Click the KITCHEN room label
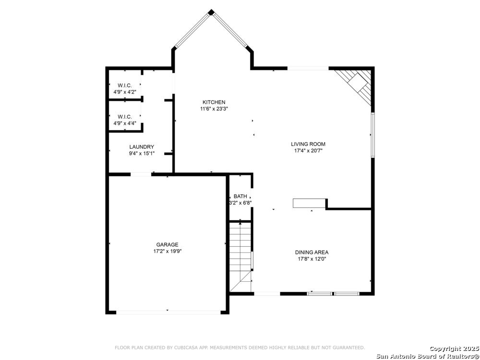coord(214,102)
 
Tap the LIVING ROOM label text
coord(308,144)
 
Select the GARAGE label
coord(167,245)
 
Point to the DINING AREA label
coord(312,252)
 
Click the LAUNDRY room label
coord(142,147)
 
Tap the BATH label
coord(240,196)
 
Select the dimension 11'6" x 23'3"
coord(214,108)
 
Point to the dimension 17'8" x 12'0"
coord(312,259)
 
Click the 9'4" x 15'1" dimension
coord(142,154)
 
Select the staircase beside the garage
coord(240,257)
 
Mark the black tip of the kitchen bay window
coord(211,12)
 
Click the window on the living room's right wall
coord(373,135)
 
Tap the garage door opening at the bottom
coord(168,312)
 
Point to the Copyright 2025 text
coord(454,348)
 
